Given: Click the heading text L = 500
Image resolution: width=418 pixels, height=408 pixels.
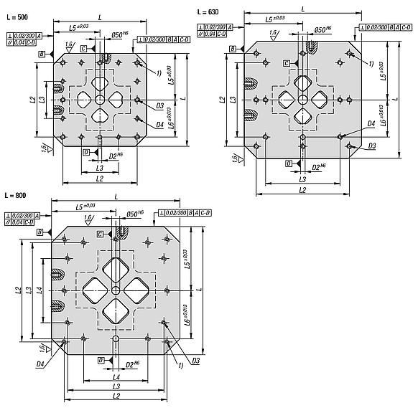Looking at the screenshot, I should (19, 16).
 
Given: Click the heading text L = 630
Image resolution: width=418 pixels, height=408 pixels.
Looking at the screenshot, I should (208, 12).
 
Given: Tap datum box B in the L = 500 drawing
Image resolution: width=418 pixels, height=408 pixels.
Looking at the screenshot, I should (42, 54).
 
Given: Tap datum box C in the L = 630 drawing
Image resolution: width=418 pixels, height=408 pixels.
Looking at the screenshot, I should (287, 63).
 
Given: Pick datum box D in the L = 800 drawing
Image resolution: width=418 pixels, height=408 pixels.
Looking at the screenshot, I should (101, 359).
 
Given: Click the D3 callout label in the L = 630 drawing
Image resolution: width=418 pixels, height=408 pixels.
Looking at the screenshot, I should (372, 146).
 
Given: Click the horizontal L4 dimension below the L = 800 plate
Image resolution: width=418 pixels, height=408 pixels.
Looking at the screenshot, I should (116, 376).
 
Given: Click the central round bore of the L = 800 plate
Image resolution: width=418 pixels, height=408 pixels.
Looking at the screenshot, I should (116, 290).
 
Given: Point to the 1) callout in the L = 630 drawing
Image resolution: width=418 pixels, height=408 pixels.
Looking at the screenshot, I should (370, 64).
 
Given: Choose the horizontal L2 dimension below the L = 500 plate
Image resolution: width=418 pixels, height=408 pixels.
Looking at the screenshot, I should (99, 178).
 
